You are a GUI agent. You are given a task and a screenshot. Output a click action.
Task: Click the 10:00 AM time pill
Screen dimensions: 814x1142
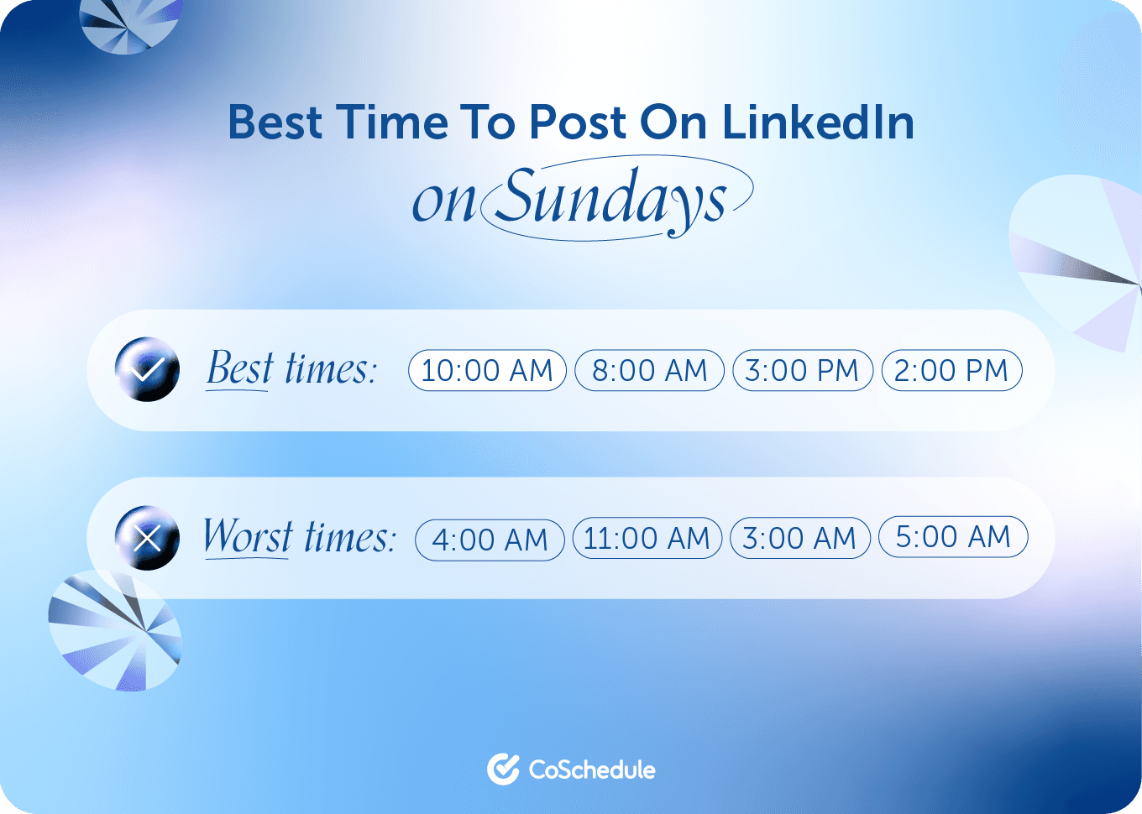click(x=487, y=370)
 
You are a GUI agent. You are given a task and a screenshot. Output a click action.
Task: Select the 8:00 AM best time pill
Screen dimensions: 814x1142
click(x=649, y=370)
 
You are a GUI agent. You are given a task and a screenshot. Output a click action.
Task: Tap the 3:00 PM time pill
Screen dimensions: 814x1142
click(x=802, y=370)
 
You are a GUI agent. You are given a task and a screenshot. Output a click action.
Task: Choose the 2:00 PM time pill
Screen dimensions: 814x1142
click(x=951, y=370)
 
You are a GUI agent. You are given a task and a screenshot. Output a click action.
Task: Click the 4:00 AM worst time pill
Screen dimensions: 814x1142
click(x=490, y=540)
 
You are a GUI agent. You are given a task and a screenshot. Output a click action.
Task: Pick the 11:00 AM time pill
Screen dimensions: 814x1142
click(x=647, y=538)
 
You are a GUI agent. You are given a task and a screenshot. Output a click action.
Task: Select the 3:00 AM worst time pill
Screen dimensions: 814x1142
click(x=799, y=538)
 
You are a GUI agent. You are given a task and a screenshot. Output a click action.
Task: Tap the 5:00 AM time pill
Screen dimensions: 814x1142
click(x=953, y=537)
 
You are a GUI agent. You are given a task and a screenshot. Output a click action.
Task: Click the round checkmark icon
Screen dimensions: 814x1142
click(x=147, y=369)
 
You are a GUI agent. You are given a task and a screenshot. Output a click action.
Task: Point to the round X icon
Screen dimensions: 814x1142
click(x=147, y=538)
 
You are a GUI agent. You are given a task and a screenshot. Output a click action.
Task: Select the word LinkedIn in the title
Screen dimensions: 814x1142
click(x=818, y=123)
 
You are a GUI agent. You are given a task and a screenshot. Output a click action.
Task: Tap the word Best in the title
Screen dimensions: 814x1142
click(x=275, y=123)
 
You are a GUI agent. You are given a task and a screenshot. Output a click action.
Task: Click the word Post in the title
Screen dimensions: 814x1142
click(x=577, y=123)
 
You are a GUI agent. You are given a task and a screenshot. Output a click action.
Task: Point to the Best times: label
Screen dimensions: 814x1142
click(x=291, y=369)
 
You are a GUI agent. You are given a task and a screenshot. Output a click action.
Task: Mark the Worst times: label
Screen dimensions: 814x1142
click(x=299, y=537)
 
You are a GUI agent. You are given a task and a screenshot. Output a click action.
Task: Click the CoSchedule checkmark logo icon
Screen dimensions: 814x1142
click(x=503, y=769)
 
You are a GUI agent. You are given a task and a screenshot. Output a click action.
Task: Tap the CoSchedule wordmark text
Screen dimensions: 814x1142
click(x=592, y=770)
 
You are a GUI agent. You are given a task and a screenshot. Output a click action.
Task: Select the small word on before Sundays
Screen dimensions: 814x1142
click(x=444, y=202)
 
